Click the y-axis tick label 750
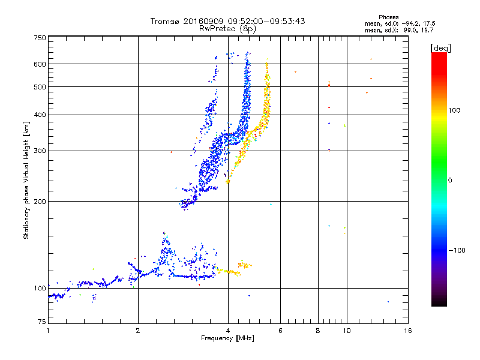click(x=40, y=38)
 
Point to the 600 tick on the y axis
click(x=40, y=64)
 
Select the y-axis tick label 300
click(x=40, y=151)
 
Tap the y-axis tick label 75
click(x=42, y=322)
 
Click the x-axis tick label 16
click(x=408, y=331)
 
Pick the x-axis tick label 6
click(x=280, y=331)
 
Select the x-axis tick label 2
click(x=138, y=331)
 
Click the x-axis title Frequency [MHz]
click(x=227, y=338)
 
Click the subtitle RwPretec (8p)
click(x=227, y=29)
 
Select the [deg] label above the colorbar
click(x=440, y=48)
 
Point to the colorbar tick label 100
click(x=454, y=110)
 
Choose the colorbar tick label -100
click(x=457, y=250)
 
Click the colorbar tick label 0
click(x=450, y=181)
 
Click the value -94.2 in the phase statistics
click(x=411, y=23)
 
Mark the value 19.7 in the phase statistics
click(x=427, y=30)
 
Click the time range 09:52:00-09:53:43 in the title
click(x=266, y=21)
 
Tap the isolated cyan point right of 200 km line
click(x=271, y=204)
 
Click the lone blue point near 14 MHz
click(x=388, y=302)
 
